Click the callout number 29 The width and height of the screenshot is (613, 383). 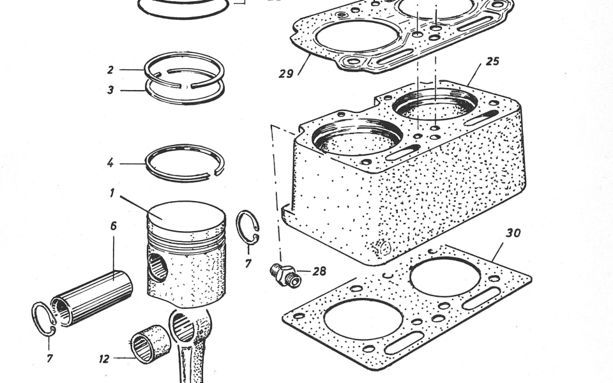pyautogui.click(x=286, y=73)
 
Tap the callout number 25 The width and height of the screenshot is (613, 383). pyautogui.click(x=492, y=61)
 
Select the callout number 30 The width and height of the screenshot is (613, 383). pyautogui.click(x=513, y=233)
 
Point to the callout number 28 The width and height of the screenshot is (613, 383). pyautogui.click(x=319, y=271)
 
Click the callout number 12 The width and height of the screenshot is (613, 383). pyautogui.click(x=104, y=359)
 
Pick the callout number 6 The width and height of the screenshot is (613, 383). pyautogui.click(x=114, y=226)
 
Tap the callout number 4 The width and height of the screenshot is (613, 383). pyautogui.click(x=110, y=163)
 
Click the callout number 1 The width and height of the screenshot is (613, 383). pyautogui.click(x=112, y=193)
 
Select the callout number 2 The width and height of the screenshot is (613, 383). pyautogui.click(x=110, y=70)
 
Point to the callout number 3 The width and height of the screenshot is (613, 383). pyautogui.click(x=110, y=90)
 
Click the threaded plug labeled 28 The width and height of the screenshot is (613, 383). pyautogui.click(x=285, y=274)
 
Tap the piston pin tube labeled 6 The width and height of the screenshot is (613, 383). pyautogui.click(x=92, y=298)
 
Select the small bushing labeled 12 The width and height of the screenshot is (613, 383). pyautogui.click(x=150, y=344)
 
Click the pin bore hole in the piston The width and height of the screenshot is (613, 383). pyautogui.click(x=158, y=267)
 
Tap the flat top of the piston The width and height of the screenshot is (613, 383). pyautogui.click(x=187, y=216)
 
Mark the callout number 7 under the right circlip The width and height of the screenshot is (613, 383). pyautogui.click(x=248, y=264)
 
